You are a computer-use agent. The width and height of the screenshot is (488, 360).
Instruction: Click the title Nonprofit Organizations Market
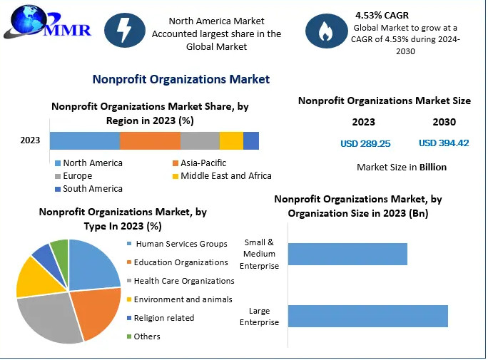[x=181, y=79]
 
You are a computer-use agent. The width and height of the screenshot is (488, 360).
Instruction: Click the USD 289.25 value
[x=365, y=143]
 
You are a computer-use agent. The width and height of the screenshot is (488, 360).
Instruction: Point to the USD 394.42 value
[x=443, y=143]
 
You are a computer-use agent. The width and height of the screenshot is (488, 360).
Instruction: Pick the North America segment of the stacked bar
[x=85, y=140]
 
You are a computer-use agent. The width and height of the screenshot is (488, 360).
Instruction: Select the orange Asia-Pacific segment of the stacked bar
[x=150, y=140]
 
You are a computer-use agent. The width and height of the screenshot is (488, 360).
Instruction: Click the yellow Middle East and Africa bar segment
[x=231, y=140]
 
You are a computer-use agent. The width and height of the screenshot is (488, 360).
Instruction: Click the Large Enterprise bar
[x=367, y=316]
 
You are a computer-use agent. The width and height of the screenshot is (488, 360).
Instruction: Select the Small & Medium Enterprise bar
[x=347, y=254]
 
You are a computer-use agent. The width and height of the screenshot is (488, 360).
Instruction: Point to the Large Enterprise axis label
[x=260, y=317]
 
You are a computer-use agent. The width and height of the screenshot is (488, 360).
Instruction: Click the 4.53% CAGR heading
[x=382, y=14]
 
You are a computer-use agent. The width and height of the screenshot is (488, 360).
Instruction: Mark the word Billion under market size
[x=432, y=168]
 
